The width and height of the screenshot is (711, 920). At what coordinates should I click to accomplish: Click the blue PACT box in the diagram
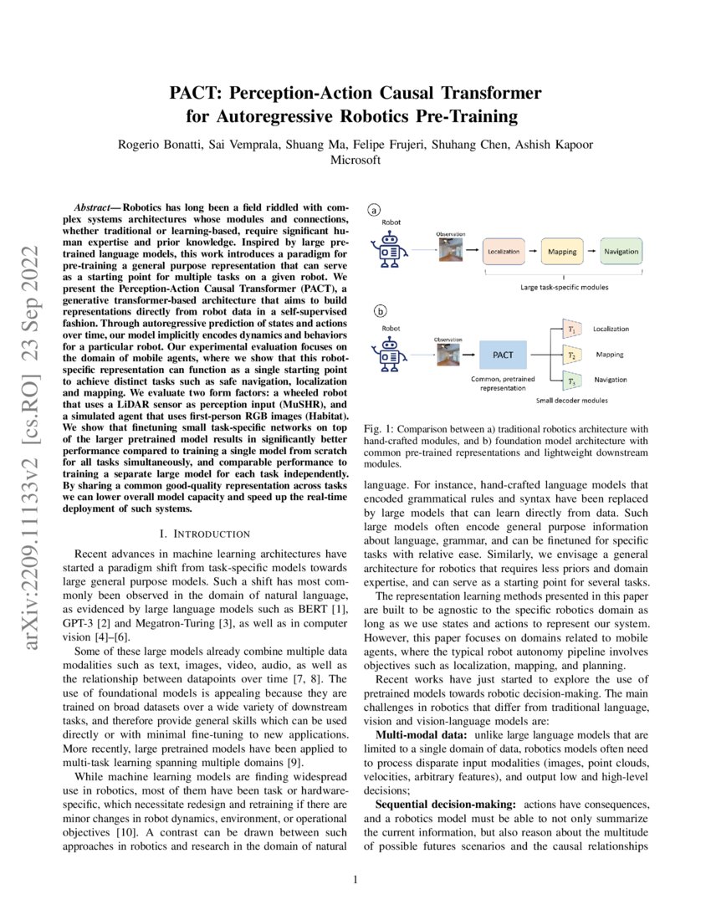[504, 355]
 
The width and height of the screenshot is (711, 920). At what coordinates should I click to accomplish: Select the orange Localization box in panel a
[504, 251]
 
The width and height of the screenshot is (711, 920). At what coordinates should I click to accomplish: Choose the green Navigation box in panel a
[621, 251]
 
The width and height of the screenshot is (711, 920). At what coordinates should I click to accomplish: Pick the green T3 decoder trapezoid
[572, 381]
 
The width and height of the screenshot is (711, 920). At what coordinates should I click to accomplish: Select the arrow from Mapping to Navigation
[591, 251]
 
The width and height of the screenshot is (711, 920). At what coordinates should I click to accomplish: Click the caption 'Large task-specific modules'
[563, 287]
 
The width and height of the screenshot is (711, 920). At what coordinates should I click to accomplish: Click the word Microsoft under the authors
[355, 160]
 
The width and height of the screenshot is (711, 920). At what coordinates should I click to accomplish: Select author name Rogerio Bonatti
[157, 145]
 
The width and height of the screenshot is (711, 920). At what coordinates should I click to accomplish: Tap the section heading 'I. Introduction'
[204, 533]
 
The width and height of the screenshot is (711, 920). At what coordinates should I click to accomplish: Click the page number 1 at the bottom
[355, 879]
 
